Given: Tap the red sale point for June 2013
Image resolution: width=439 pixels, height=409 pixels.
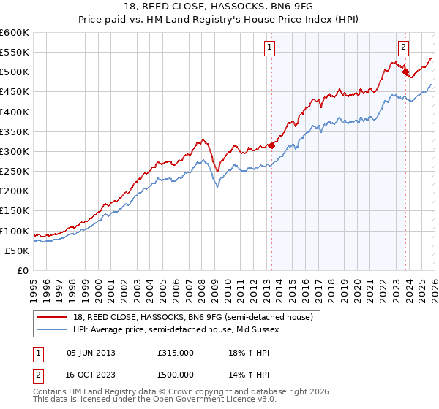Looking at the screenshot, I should (271, 145).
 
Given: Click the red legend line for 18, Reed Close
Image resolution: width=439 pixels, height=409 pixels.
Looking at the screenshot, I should (52, 317).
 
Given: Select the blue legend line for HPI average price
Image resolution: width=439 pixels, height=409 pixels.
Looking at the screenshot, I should (52, 329).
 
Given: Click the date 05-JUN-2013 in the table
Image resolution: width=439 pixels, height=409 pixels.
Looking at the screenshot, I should (91, 352).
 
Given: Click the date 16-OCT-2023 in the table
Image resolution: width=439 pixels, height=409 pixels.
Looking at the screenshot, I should (91, 374).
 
